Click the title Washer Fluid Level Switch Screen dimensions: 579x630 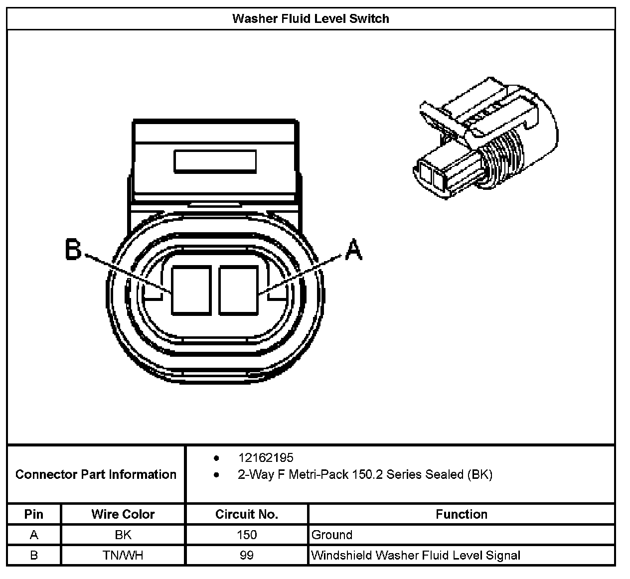pyautogui.click(x=311, y=19)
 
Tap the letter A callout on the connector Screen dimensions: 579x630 pyautogui.click(x=353, y=250)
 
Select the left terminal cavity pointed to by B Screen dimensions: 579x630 pyautogui.click(x=191, y=290)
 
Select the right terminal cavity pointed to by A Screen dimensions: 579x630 pyautogui.click(x=238, y=290)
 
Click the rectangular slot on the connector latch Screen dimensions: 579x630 pyautogui.click(x=215, y=162)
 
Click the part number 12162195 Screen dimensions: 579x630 pyautogui.click(x=266, y=457)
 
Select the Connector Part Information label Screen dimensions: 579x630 pyautogui.click(x=96, y=474)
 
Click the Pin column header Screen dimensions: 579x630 pyautogui.click(x=34, y=514)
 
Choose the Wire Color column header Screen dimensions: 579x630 pyautogui.click(x=123, y=514)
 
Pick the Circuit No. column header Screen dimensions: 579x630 pyautogui.click(x=247, y=514)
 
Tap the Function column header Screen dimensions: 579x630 pyautogui.click(x=461, y=514)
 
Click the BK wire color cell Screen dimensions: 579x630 pyautogui.click(x=123, y=535)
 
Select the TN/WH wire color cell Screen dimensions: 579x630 pyautogui.click(x=123, y=555)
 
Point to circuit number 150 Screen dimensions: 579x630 pyautogui.click(x=247, y=535)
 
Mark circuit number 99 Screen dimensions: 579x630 pyautogui.click(x=247, y=555)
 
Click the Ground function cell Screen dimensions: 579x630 pyautogui.click(x=332, y=535)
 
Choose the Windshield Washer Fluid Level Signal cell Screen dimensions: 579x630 pyautogui.click(x=416, y=555)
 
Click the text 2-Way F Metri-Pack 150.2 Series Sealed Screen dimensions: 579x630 pyautogui.click(x=365, y=474)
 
